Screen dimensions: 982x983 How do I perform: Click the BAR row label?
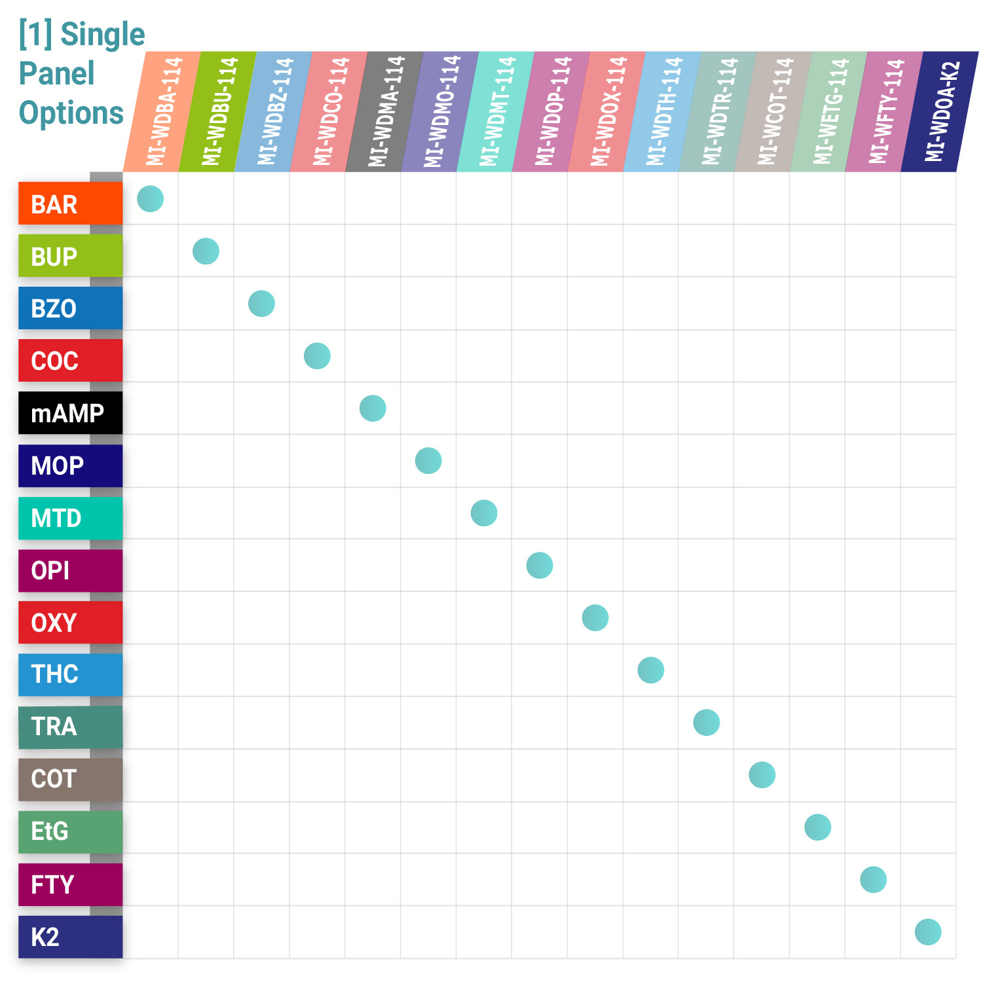(x=70, y=204)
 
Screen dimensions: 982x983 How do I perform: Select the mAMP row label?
(x=70, y=413)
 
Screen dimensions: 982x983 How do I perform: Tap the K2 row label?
(x=70, y=937)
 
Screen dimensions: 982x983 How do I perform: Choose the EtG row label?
(x=70, y=831)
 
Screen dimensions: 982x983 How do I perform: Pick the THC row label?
(x=70, y=674)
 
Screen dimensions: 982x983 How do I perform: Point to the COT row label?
(x=70, y=779)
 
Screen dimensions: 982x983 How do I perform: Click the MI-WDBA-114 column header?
(x=162, y=111)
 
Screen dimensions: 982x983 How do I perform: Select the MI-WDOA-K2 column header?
(x=940, y=111)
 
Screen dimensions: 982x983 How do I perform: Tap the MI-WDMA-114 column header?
(x=385, y=111)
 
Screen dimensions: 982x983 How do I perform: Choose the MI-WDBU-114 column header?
(x=218, y=111)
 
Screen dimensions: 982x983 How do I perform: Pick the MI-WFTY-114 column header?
(x=885, y=111)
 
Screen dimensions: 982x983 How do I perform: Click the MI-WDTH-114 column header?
(x=663, y=111)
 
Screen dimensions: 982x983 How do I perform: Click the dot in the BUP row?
(x=206, y=251)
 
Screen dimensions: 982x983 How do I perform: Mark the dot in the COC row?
(x=317, y=356)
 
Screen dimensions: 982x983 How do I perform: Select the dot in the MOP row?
(x=428, y=461)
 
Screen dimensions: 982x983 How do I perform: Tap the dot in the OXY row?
(x=595, y=618)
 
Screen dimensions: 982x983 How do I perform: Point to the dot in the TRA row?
(x=707, y=723)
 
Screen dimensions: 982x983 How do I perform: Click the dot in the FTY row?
(x=874, y=880)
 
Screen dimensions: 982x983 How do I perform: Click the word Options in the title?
(x=71, y=113)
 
